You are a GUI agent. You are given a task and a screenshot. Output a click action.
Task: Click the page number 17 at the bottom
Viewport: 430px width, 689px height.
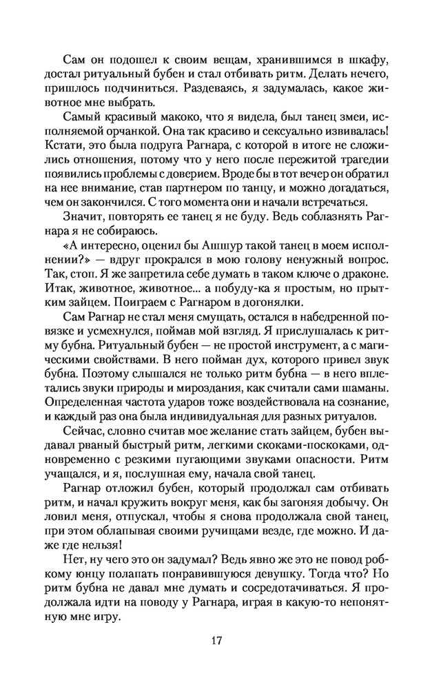(x=216, y=640)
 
